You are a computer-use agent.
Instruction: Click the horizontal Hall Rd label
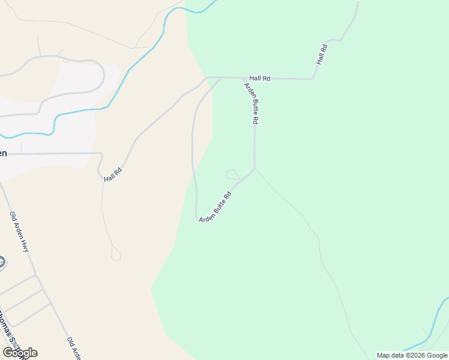tap(260, 78)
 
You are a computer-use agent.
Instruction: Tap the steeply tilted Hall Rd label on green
tap(322, 55)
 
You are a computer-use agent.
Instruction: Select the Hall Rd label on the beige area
tap(113, 175)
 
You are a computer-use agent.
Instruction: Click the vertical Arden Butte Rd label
tap(251, 103)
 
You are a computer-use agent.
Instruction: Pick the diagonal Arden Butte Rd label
tap(215, 207)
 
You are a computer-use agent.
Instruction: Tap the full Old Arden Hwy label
tap(19, 232)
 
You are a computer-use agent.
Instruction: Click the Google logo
tap(20, 353)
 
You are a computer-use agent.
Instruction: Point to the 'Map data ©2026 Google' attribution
tap(412, 355)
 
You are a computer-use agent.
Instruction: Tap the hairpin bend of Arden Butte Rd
tap(197, 216)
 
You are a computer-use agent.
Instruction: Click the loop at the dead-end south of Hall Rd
tap(116, 256)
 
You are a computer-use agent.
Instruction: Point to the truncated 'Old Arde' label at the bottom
tap(74, 349)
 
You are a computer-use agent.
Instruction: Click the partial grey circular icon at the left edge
tap(2, 262)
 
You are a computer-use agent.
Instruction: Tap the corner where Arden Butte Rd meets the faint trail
tap(255, 169)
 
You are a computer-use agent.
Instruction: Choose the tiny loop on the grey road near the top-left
tap(66, 59)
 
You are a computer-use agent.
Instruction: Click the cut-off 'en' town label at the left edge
tap(3, 154)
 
